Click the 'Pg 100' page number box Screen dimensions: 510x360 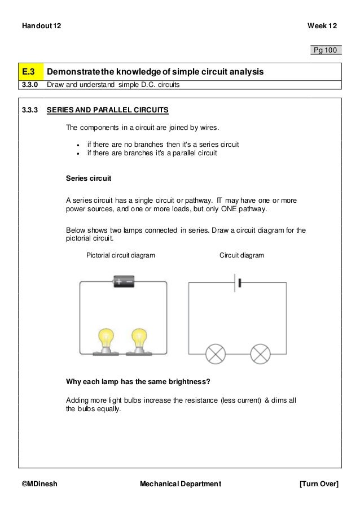tap(326, 50)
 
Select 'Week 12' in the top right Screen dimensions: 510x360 tap(322, 26)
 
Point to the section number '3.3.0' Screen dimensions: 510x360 tap(29, 85)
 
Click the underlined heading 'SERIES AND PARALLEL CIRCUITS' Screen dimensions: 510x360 tap(107, 109)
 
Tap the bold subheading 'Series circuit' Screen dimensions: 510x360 tap(89, 178)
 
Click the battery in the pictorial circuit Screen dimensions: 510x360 tap(124, 281)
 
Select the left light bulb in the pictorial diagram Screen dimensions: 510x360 tap(106, 341)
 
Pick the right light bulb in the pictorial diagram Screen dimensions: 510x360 tap(138, 341)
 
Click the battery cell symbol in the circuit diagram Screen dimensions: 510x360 tap(236, 282)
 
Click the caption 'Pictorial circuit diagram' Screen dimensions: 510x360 tap(120, 255)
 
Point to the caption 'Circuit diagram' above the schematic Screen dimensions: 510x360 tap(242, 255)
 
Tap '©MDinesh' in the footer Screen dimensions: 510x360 tap(39, 484)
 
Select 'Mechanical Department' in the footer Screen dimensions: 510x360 tap(180, 484)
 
